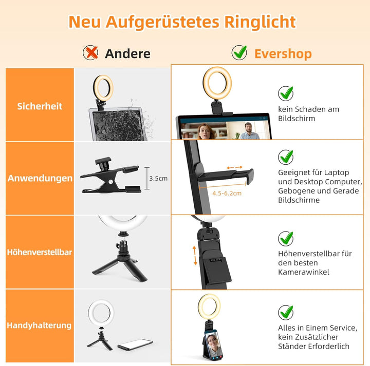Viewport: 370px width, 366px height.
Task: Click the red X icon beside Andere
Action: [91, 52]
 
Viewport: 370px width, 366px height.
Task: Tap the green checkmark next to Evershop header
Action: [239, 52]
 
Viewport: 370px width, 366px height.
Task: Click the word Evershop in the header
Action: [283, 53]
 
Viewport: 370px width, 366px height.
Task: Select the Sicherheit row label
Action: [40, 106]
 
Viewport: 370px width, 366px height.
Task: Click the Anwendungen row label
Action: [40, 179]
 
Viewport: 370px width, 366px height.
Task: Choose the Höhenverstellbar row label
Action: [40, 252]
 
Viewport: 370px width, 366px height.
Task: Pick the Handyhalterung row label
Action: [40, 325]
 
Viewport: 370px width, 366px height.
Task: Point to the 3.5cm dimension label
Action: [158, 178]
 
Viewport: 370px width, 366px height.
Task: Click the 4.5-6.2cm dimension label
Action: [227, 193]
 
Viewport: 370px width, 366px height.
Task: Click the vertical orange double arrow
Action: [195, 255]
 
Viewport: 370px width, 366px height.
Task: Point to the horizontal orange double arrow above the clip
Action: [234, 168]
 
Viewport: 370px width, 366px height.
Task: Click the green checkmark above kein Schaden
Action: [286, 93]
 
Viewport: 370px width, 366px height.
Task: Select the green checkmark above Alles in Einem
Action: [286, 312]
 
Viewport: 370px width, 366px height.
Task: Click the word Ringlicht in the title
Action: [260, 22]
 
